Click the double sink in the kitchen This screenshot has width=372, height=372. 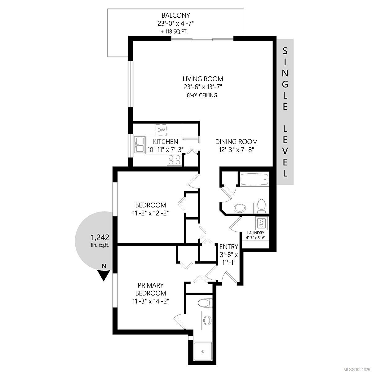[139, 144]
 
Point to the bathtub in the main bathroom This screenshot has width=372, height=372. [255, 179]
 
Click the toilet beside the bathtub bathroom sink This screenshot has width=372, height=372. [262, 206]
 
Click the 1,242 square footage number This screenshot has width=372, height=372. [100, 237]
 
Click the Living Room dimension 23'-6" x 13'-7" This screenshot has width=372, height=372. [203, 87]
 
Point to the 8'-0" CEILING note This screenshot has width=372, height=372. [202, 95]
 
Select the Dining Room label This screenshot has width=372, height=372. [237, 142]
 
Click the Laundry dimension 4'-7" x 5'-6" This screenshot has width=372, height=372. [255, 238]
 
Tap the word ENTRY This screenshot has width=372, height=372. [229, 247]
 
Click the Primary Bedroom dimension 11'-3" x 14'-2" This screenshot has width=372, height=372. [151, 301]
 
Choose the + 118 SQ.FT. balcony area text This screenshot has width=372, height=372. [175, 32]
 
